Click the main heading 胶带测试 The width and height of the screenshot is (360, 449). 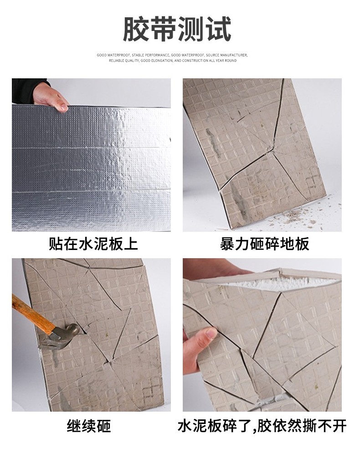coord(177,29)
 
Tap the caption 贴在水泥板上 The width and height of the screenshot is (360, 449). coord(93,244)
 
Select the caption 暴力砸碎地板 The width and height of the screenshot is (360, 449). coord(265,244)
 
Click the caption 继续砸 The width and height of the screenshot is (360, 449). coord(89,426)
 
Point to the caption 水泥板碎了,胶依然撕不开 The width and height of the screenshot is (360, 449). coord(262,426)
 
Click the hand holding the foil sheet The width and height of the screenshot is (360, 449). coord(51,98)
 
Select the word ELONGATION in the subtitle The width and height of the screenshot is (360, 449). coord(161,61)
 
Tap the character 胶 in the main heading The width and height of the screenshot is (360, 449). coord(136,29)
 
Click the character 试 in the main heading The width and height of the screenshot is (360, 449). coord(218,29)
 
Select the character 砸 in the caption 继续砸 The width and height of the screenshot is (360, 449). coord(104,426)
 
